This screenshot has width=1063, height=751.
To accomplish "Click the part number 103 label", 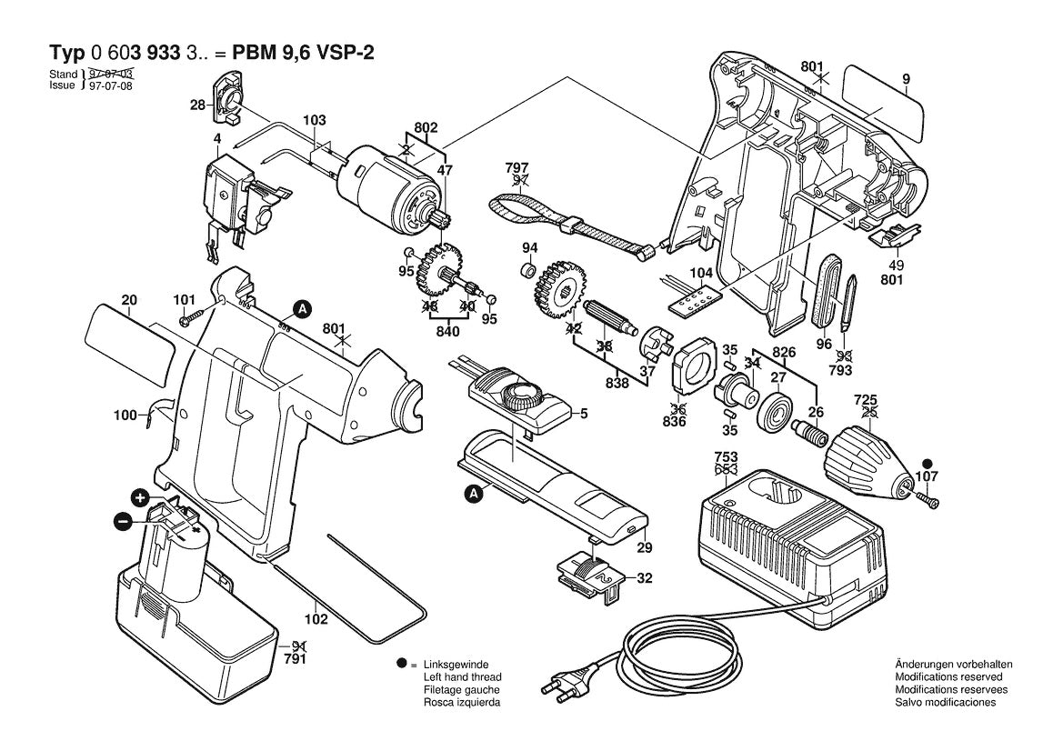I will [x=314, y=120].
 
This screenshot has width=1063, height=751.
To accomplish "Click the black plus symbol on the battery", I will [x=139, y=497].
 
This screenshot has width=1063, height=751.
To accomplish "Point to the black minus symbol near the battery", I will [x=121, y=521].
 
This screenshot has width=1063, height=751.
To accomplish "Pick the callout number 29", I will [x=645, y=548].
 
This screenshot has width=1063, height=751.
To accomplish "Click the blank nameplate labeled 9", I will [x=882, y=100].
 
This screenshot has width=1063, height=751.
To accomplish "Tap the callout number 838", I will [x=617, y=384].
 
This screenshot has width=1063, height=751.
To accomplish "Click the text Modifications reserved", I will [x=948, y=677].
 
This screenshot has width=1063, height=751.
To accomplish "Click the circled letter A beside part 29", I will [x=473, y=495].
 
